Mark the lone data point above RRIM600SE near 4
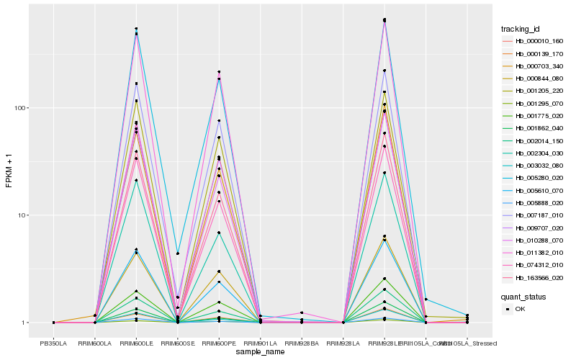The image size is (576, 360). tap(178, 253)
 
